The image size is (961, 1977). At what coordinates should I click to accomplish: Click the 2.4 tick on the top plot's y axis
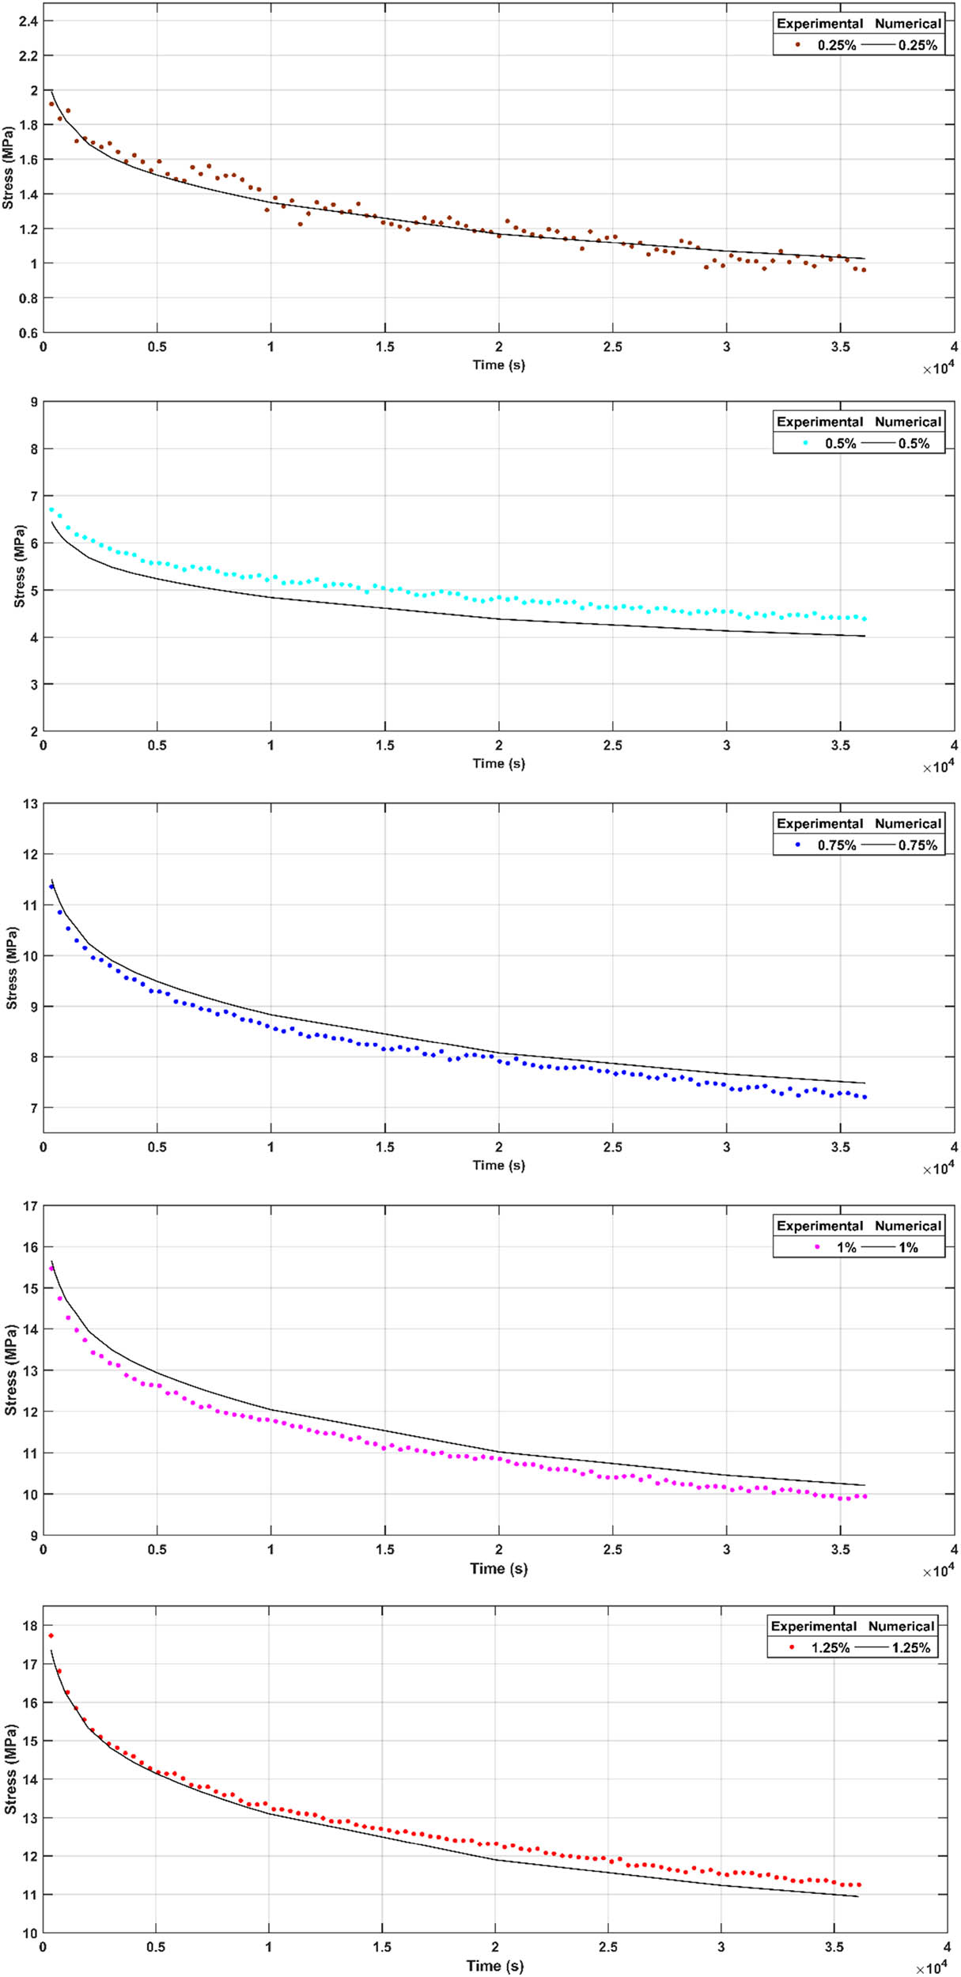coord(28,21)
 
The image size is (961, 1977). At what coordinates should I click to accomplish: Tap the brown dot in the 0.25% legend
coord(798,45)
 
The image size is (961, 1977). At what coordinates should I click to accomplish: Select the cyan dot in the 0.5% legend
coord(806,443)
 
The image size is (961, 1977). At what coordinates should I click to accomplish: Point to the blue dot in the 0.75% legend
coord(798,845)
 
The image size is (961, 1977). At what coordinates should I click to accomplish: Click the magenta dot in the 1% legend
coord(817,1247)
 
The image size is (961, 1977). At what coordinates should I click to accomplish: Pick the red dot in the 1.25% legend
coord(792,1647)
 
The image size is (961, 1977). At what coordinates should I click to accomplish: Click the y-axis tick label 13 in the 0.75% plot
coord(31,804)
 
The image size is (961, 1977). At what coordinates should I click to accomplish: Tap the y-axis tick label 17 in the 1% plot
coord(31,1207)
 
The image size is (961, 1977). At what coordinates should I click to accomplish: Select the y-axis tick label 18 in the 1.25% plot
coord(31,1626)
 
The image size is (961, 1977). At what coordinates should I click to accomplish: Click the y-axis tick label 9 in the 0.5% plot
coord(34,403)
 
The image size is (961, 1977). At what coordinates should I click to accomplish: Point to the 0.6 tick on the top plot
coord(28,333)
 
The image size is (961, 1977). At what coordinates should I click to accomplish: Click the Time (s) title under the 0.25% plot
coord(498,365)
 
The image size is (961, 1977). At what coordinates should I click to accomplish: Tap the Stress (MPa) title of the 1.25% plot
coord(11,1770)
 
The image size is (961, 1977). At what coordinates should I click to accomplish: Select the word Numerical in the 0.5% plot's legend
coord(907,421)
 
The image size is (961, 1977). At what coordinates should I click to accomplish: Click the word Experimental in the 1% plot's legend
coord(819,1226)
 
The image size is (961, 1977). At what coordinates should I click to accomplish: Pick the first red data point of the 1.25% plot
coord(51,1635)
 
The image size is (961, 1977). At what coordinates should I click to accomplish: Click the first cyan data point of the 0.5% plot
coord(51,510)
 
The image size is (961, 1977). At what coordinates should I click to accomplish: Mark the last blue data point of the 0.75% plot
coord(865,1097)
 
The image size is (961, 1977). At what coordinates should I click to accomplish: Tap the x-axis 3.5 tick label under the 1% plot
coord(840,1549)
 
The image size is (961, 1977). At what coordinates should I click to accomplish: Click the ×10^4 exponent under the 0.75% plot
coord(938,1169)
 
